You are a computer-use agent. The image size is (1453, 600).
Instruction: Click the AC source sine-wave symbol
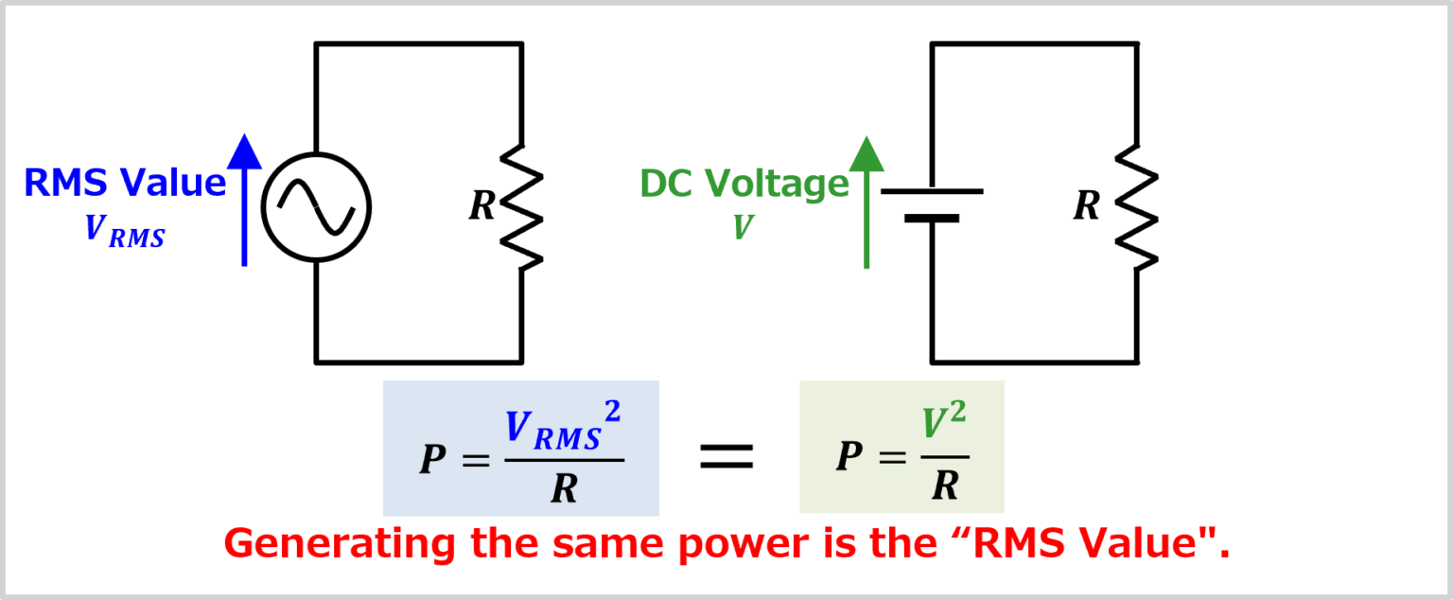point(316,208)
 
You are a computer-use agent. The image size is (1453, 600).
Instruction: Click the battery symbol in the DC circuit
point(932,205)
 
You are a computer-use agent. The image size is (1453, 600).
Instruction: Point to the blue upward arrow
point(245,200)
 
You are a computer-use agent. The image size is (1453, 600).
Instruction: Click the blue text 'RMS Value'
point(125,183)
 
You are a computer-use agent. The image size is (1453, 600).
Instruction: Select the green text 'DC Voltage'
point(744,184)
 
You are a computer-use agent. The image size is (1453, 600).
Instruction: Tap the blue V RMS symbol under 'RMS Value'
point(124,231)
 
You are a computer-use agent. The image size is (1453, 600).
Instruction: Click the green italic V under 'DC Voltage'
point(743,227)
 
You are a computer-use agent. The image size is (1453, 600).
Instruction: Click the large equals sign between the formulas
point(726,457)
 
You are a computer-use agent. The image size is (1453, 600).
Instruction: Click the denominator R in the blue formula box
point(564,487)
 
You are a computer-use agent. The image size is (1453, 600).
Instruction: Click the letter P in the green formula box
point(849,457)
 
